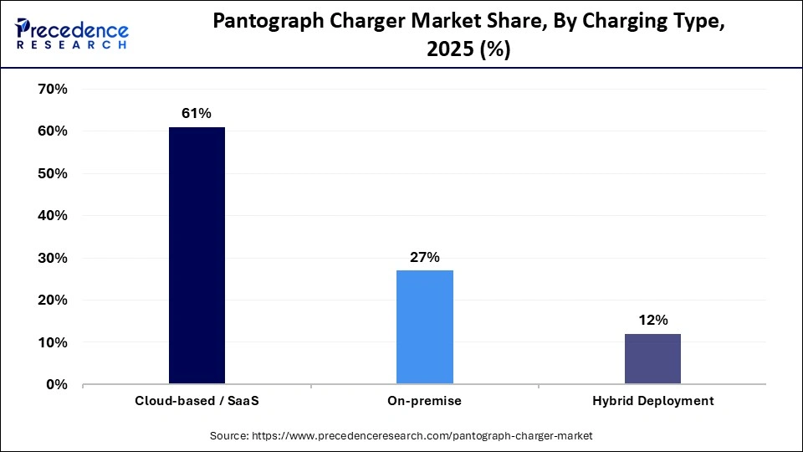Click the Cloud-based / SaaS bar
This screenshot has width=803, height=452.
[197, 255]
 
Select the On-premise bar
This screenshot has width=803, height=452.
[425, 327]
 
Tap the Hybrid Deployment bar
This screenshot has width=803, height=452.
[652, 359]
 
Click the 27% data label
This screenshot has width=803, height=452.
[425, 257]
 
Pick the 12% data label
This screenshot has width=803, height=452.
[652, 320]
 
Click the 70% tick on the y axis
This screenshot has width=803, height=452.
[53, 89]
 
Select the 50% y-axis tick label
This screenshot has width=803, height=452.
[53, 173]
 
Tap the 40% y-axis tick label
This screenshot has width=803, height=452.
[53, 215]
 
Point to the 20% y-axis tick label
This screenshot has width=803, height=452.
[53, 300]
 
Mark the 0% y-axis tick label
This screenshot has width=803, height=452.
[56, 384]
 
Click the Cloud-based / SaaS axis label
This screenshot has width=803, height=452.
[197, 401]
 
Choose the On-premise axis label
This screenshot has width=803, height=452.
[425, 401]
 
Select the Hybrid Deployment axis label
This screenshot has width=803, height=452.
[652, 401]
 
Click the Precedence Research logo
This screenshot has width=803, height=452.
[72, 34]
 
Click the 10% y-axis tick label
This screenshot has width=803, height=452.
[53, 342]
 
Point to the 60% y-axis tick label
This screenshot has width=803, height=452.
[53, 131]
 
